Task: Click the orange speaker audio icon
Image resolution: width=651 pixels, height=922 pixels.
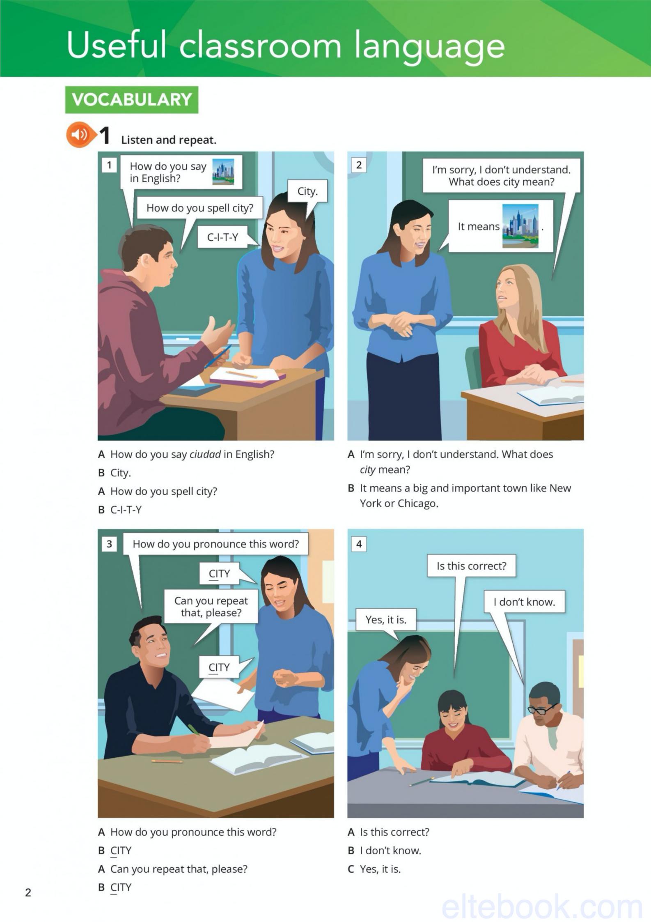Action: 79,134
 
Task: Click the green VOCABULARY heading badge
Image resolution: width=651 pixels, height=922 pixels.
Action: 132,100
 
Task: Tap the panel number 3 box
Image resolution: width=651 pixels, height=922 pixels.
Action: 109,544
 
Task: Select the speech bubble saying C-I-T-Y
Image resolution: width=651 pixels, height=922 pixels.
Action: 223,237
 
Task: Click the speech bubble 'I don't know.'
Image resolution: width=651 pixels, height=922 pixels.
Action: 524,602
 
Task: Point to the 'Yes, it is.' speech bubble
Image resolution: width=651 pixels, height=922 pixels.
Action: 386,620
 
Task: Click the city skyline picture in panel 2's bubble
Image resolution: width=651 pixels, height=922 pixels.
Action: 520,226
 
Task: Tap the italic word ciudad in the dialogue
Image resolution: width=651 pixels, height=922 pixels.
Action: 205,454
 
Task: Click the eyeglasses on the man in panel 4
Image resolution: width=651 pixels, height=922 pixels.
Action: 541,709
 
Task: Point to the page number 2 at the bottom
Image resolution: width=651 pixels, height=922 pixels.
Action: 28,892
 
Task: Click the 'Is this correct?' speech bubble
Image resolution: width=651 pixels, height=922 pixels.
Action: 471,566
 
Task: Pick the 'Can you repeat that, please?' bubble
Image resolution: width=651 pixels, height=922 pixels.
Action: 211,607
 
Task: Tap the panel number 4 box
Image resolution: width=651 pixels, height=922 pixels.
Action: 359,544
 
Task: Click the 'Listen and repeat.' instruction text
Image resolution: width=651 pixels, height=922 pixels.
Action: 169,140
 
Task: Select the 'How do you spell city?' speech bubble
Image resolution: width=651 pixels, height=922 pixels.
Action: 200,208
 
